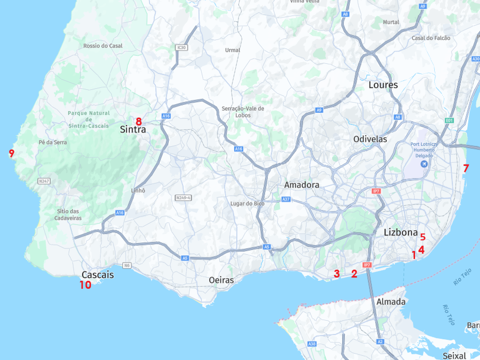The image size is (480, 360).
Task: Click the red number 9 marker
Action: pos(12,154)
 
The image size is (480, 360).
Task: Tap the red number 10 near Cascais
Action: pos(85,284)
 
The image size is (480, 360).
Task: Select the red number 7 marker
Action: pos(466,169)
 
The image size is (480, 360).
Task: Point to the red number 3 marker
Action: pos(336,274)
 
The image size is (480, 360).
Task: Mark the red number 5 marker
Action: pos(423,237)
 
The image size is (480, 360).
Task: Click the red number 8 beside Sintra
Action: pos(138,121)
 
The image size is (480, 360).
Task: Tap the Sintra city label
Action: pos(133,129)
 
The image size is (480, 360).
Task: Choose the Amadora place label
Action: pos(302,185)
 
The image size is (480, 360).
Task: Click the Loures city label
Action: pos(383,85)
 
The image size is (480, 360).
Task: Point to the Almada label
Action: pos(391,302)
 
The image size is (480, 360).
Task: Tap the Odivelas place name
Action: pos(370,139)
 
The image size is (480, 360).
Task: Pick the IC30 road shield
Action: pos(181,48)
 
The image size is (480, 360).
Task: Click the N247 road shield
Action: pos(44,181)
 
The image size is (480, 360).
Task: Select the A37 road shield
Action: pos(286,199)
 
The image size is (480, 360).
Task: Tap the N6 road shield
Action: pos(127,265)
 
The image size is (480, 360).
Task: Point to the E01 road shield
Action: pos(449,121)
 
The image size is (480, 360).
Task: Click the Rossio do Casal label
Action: pos(103,46)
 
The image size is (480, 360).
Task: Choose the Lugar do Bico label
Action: pos(247,204)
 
